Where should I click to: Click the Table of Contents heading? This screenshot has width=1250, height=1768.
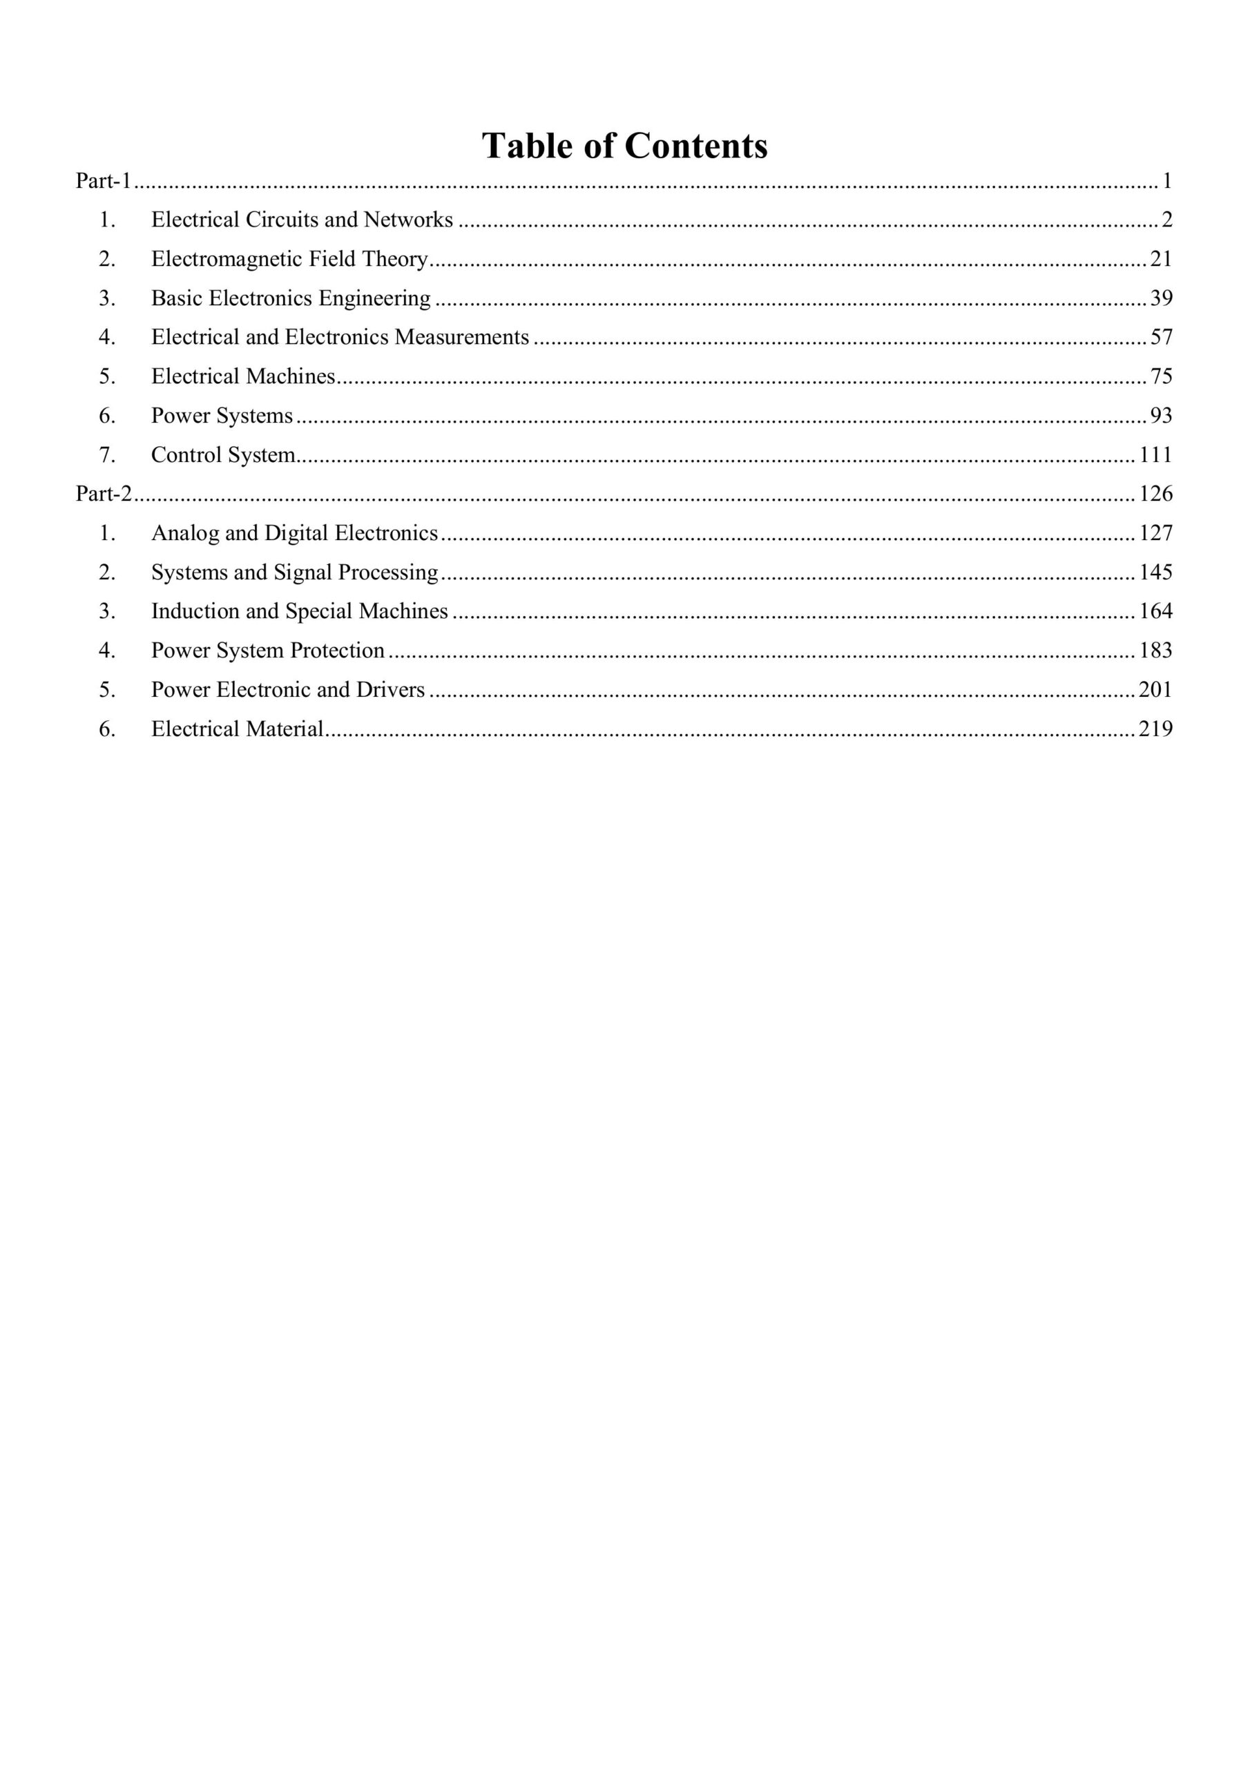[x=624, y=146]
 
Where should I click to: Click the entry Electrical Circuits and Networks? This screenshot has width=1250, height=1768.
[x=302, y=220]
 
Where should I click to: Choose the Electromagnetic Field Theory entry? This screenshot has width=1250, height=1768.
[x=289, y=260]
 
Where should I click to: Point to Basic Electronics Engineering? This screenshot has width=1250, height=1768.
[x=290, y=298]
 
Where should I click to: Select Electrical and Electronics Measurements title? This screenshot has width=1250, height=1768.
[x=340, y=337]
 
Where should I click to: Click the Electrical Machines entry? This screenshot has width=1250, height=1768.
[x=243, y=376]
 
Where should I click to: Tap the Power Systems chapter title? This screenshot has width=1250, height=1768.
[x=222, y=416]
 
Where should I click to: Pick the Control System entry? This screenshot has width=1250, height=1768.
[x=223, y=455]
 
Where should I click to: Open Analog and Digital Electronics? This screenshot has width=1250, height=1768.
[x=294, y=533]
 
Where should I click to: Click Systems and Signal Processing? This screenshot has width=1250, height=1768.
[x=294, y=572]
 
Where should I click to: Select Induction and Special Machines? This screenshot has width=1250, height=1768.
[x=300, y=611]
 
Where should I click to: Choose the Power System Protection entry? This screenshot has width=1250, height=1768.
[x=267, y=651]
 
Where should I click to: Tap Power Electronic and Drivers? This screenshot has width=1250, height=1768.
[x=288, y=690]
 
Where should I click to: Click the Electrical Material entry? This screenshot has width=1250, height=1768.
[x=237, y=729]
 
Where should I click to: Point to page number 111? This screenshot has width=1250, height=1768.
[x=1155, y=455]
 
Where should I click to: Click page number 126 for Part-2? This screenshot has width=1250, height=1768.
[x=1155, y=494]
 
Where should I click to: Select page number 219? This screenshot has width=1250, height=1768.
[x=1155, y=729]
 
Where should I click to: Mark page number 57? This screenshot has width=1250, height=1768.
[x=1161, y=337]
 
